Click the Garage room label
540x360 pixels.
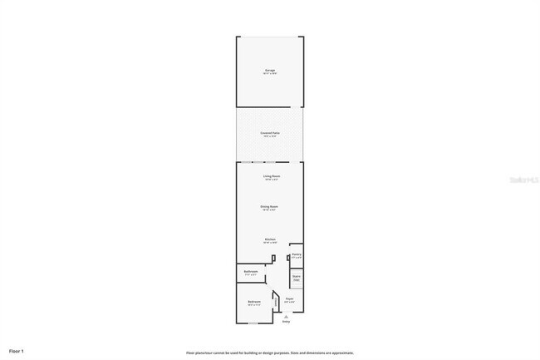270,71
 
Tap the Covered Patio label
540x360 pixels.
270,132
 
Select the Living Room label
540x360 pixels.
271,176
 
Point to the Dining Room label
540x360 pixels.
270,206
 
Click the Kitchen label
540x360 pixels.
270,239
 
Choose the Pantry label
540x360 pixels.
297,254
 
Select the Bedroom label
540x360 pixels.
254,301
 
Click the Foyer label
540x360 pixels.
290,298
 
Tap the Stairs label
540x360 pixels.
297,278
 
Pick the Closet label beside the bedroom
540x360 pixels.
275,303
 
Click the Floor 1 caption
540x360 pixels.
17,352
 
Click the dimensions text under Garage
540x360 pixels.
270,75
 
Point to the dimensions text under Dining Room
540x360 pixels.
270,210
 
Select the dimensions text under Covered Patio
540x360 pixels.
270,136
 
